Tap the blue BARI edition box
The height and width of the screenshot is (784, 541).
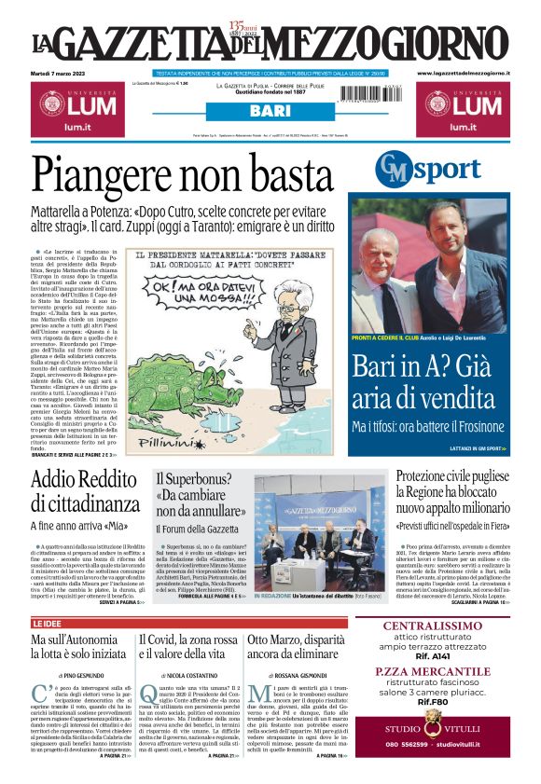pyautogui.click(x=270, y=112)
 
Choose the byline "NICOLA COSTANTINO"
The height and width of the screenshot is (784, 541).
pyautogui.click(x=187, y=673)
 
